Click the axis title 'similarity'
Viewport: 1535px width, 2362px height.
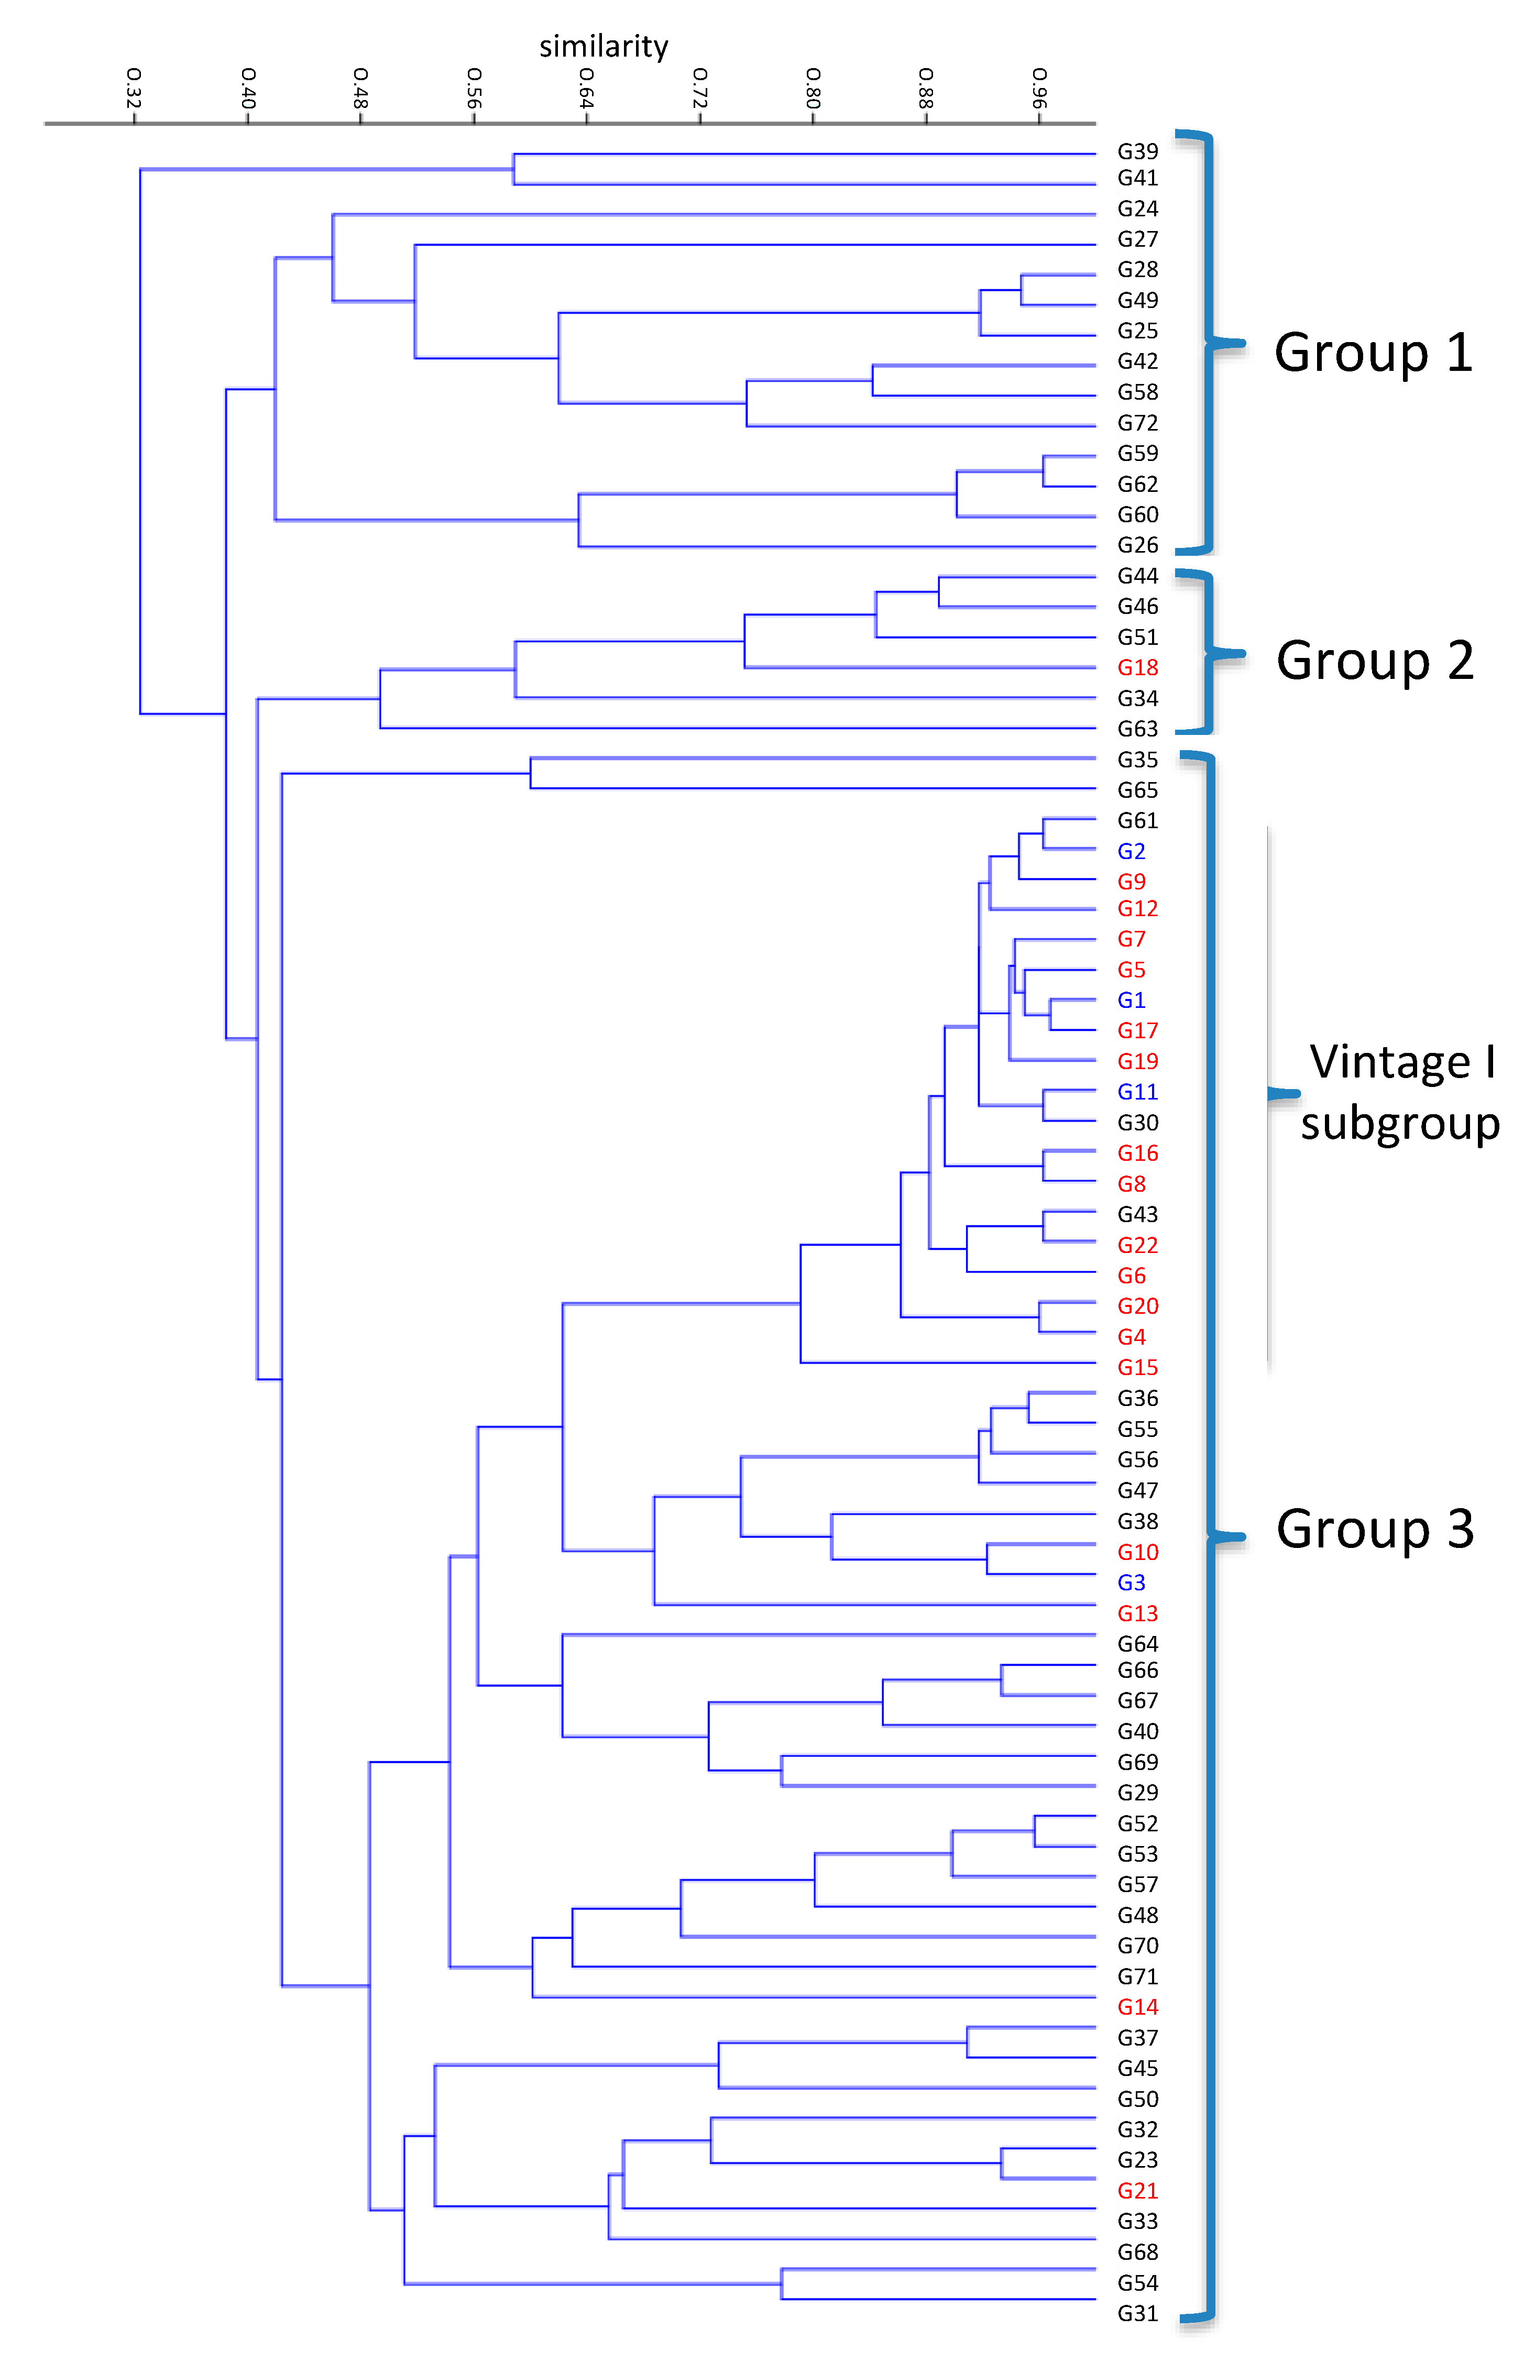pyautogui.click(x=604, y=47)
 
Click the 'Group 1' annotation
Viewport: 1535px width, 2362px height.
pyautogui.click(x=1372, y=353)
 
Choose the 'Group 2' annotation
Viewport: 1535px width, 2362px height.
pyautogui.click(x=1374, y=661)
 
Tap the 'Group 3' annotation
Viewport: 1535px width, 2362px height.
pyautogui.click(x=1374, y=1529)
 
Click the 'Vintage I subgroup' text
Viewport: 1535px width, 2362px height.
pyautogui.click(x=1400, y=1092)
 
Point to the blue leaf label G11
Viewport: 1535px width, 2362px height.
pyautogui.click(x=1137, y=1092)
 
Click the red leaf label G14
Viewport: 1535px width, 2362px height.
pyautogui.click(x=1137, y=2007)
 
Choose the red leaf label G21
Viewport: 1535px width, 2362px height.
pyautogui.click(x=1137, y=2190)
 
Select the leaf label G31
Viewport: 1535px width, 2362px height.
pyautogui.click(x=1137, y=2313)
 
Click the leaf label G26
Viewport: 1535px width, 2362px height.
pyautogui.click(x=1137, y=545)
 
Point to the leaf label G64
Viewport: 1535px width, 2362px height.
pyautogui.click(x=1137, y=1643)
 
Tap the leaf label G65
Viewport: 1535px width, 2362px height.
pyautogui.click(x=1137, y=790)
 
